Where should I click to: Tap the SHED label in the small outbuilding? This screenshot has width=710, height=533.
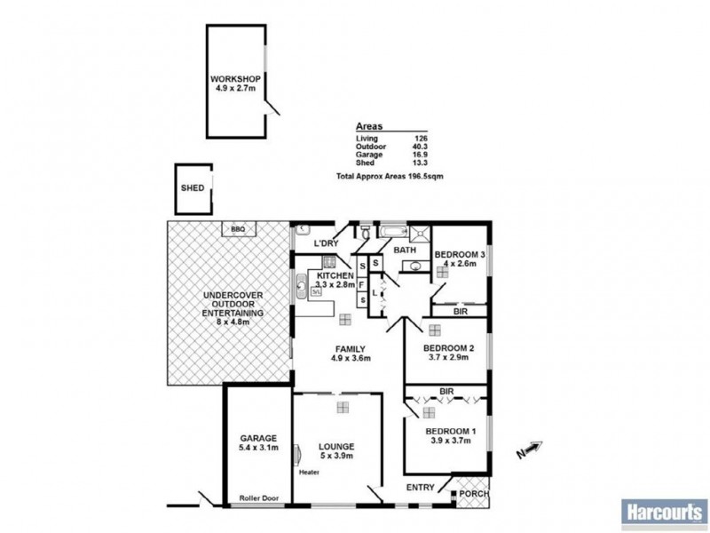(193, 188)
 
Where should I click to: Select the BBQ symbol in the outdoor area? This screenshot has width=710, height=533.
(237, 229)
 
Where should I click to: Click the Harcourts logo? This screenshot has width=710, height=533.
(662, 511)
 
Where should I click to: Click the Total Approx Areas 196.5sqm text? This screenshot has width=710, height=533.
(390, 177)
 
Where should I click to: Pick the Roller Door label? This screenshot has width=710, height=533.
(259, 498)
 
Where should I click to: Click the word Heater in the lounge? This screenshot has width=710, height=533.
(309, 472)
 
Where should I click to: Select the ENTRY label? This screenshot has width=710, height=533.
(420, 487)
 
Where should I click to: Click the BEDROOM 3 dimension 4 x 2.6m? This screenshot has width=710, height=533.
(460, 264)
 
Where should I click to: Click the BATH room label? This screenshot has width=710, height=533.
(405, 251)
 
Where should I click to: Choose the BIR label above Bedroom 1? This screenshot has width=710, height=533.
(447, 391)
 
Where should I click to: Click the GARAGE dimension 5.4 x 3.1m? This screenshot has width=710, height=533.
(258, 448)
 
